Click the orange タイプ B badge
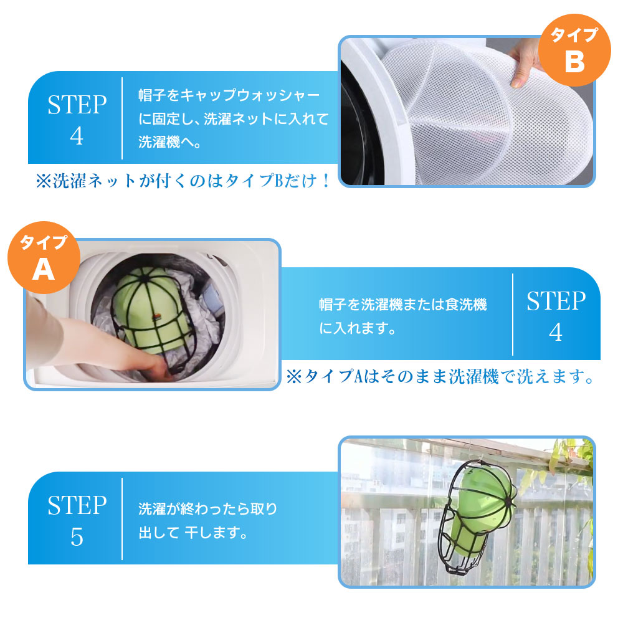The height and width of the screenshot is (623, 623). point(574,50)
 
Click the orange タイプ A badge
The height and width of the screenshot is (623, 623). point(44,257)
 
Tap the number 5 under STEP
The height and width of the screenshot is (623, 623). point(77,537)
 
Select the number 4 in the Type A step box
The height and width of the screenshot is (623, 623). point(556,332)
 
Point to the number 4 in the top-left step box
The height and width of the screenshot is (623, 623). point(77,136)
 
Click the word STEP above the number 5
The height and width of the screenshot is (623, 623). point(77,505)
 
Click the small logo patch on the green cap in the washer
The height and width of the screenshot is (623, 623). point(158,316)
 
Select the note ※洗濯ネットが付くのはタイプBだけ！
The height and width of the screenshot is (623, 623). point(183,181)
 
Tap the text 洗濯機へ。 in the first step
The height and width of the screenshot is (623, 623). point(169,142)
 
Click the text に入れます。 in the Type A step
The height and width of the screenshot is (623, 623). point(357,328)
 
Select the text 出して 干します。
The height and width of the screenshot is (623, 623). point(193,533)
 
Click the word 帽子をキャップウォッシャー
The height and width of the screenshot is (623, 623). point(229,95)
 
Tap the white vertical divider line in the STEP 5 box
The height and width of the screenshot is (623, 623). point(122,519)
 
